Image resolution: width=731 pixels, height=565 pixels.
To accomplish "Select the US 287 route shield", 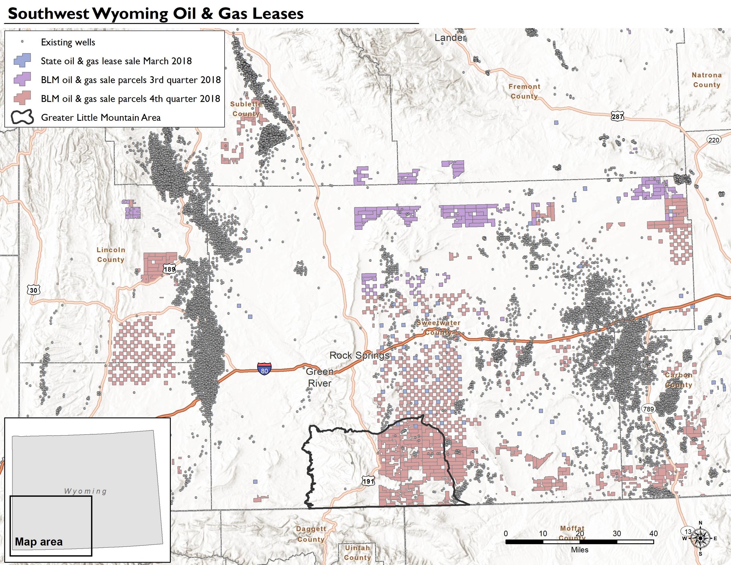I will coord(617,116).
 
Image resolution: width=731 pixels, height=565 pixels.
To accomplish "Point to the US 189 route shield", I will coord(170,269).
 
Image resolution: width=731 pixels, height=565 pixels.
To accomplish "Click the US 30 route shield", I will coord(33,290).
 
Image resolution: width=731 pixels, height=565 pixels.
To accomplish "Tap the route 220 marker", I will coord(713,140).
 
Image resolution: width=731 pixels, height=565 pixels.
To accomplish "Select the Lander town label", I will coord(450,38).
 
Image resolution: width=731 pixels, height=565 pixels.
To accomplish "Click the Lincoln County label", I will coord(111,254).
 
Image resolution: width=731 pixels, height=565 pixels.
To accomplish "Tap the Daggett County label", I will coord(311,534).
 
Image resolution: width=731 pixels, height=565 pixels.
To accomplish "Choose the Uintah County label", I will coord(358,553).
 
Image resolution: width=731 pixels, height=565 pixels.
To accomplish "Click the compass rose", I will coord(700,538).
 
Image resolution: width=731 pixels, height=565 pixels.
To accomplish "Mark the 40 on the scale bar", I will coord(653,533).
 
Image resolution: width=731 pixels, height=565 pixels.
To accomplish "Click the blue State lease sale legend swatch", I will coord(23,61).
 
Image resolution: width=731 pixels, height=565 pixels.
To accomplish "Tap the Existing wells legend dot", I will coord(23,42).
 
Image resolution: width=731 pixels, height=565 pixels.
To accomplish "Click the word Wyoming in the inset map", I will coord(85,491).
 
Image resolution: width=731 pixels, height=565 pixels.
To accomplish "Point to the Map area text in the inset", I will coord(39,542).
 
